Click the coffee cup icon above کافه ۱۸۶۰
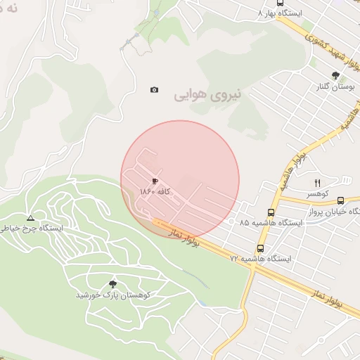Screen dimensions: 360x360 pos(155,181)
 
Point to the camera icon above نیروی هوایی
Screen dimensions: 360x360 pos(155,89)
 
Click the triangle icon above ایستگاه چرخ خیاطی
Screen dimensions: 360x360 pos(30,218)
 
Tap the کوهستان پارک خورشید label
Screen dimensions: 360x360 pos(112,295)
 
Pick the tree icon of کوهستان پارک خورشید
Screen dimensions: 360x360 pos(112,284)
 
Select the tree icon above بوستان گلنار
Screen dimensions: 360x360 pos(335,75)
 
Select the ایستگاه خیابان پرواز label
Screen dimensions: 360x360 pos(336,212)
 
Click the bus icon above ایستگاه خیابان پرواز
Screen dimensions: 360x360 pos(341,201)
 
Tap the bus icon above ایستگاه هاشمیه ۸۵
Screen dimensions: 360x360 pos(271,212)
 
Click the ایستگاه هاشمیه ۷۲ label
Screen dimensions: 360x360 pos(260,259)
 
